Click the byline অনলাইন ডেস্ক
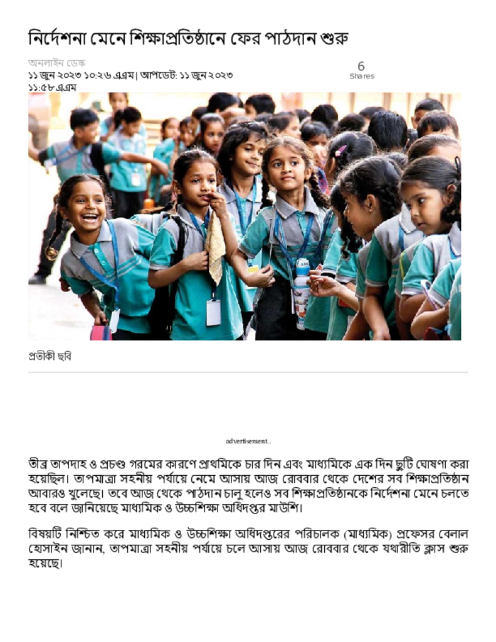click(56, 63)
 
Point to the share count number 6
click(361, 66)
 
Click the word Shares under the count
click(361, 76)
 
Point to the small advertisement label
click(248, 441)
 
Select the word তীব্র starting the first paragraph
click(40, 465)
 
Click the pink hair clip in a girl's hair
click(340, 151)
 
